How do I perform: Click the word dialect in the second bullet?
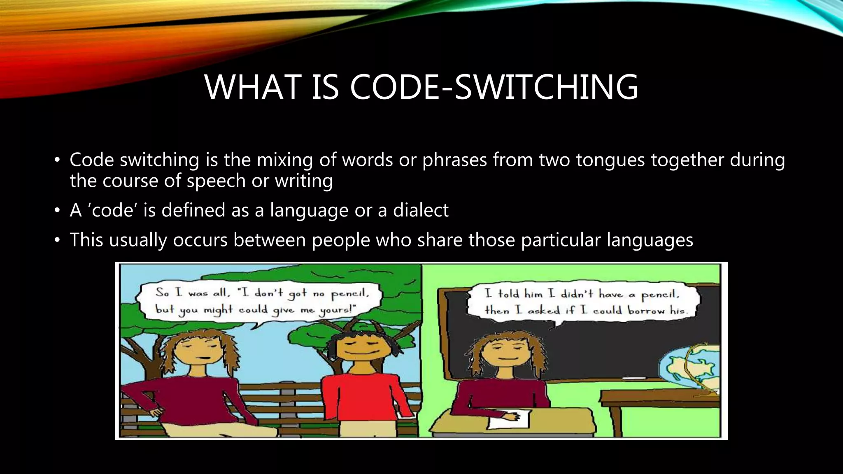[x=420, y=210]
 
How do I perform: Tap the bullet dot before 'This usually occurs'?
[x=57, y=240]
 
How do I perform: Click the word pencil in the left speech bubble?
[x=350, y=293]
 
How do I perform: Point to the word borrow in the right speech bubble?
[x=646, y=311]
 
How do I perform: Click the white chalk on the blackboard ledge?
[x=634, y=378]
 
